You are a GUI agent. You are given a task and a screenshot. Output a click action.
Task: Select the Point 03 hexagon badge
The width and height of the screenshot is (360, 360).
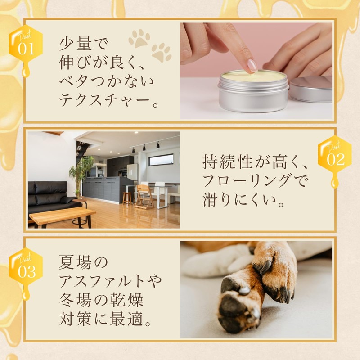tap(26, 269)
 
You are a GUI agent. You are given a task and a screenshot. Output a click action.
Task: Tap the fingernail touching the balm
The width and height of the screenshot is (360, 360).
tap(252, 66)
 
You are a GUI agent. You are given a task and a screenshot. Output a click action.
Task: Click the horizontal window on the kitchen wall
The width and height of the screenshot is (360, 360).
tap(161, 160)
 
